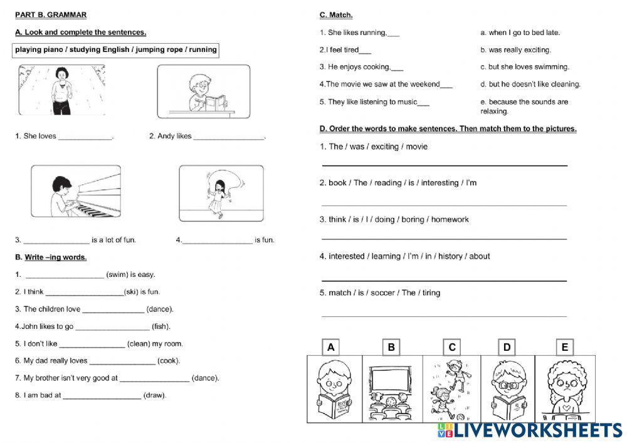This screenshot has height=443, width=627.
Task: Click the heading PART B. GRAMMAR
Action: coord(51,14)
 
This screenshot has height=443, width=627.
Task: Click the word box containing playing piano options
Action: coord(116,50)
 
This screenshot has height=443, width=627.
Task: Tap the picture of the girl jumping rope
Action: coord(219,193)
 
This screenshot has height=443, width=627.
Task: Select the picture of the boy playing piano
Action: coord(76,191)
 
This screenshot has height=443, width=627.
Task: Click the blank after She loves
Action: coord(85,136)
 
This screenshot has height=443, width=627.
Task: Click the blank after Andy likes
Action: coord(229,136)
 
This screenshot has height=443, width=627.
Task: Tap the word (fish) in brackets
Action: coord(161,326)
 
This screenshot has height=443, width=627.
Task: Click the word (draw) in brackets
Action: coord(155,395)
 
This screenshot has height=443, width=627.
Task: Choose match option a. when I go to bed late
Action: coord(520,33)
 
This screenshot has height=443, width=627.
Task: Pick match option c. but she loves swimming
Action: coord(524,67)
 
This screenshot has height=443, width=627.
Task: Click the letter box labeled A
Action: coord(331,347)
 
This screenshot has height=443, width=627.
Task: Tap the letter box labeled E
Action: coord(564,347)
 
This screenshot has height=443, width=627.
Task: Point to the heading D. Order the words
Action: coord(448,128)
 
